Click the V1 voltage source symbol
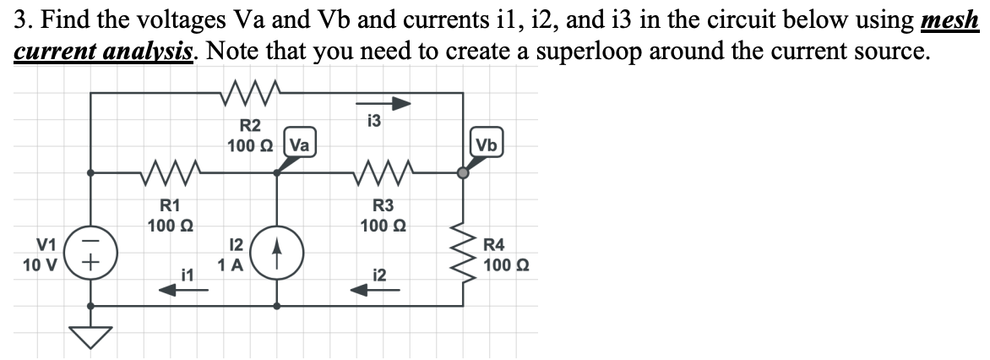point(91,254)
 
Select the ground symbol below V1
point(91,337)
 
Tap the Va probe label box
point(298,144)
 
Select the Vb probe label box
point(487,144)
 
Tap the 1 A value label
point(231,265)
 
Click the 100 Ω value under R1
point(171,226)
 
